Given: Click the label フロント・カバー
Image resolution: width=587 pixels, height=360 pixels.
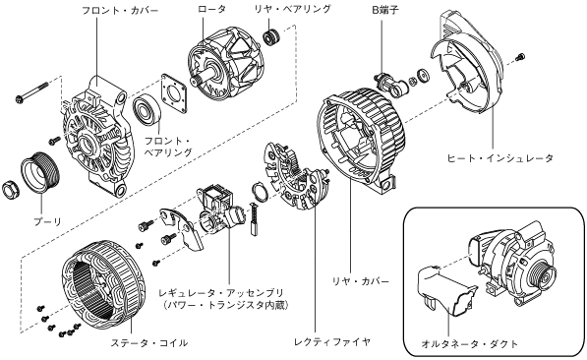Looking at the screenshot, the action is coord(120,10).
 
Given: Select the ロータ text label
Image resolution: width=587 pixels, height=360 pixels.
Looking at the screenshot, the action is coord(211,9).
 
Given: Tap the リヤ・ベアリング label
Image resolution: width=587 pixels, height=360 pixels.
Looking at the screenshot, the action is coord(292,9).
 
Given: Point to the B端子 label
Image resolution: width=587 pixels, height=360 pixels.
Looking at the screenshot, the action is coord(384,10).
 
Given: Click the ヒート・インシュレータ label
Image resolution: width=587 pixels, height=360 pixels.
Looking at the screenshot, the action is coord(499,158).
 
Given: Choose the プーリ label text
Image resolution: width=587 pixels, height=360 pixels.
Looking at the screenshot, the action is coord(47,221).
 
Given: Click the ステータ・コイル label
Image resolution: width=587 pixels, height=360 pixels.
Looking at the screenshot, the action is coord(149,342).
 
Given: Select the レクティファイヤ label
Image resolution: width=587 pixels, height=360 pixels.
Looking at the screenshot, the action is coord(332,341).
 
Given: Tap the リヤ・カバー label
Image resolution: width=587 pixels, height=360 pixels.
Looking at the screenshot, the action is coord(361,281).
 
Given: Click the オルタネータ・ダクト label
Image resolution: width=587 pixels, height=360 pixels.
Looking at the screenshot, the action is coord(470,343).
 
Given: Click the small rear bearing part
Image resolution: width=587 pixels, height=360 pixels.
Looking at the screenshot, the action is coord(271,37).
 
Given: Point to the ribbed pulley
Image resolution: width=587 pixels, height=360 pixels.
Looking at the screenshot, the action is coord(39,172).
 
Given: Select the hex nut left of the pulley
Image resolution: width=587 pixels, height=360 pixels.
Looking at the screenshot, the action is coord(11,190).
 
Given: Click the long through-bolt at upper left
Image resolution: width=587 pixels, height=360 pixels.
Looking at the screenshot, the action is coord(32,91).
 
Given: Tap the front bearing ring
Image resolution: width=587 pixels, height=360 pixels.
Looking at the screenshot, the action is coord(147,110).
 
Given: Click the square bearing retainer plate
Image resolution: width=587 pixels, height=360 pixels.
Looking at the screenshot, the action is coord(174,93).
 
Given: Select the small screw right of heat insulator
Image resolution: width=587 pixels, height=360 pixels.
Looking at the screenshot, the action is coord(520,57).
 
